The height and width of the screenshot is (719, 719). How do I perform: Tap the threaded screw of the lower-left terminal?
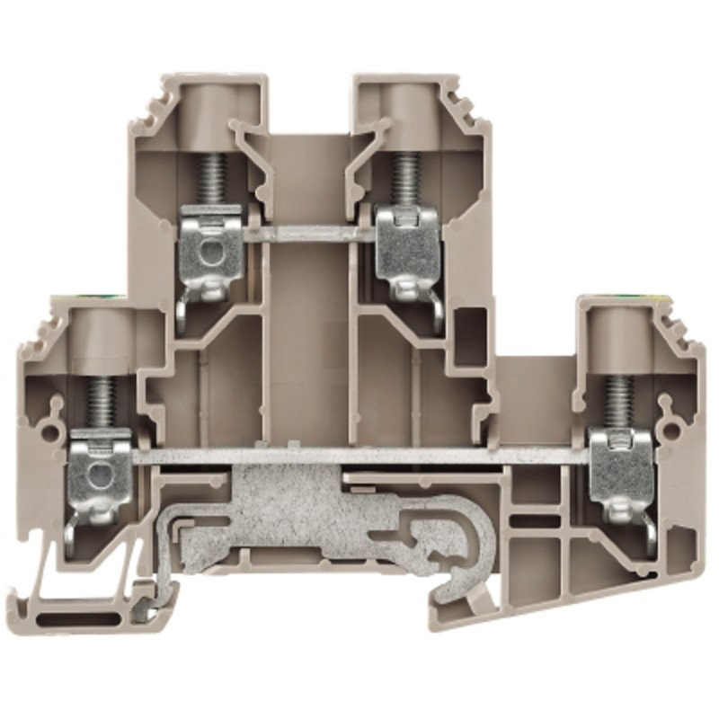(102, 399)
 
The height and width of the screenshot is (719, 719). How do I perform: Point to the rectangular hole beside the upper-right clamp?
(470, 336)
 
